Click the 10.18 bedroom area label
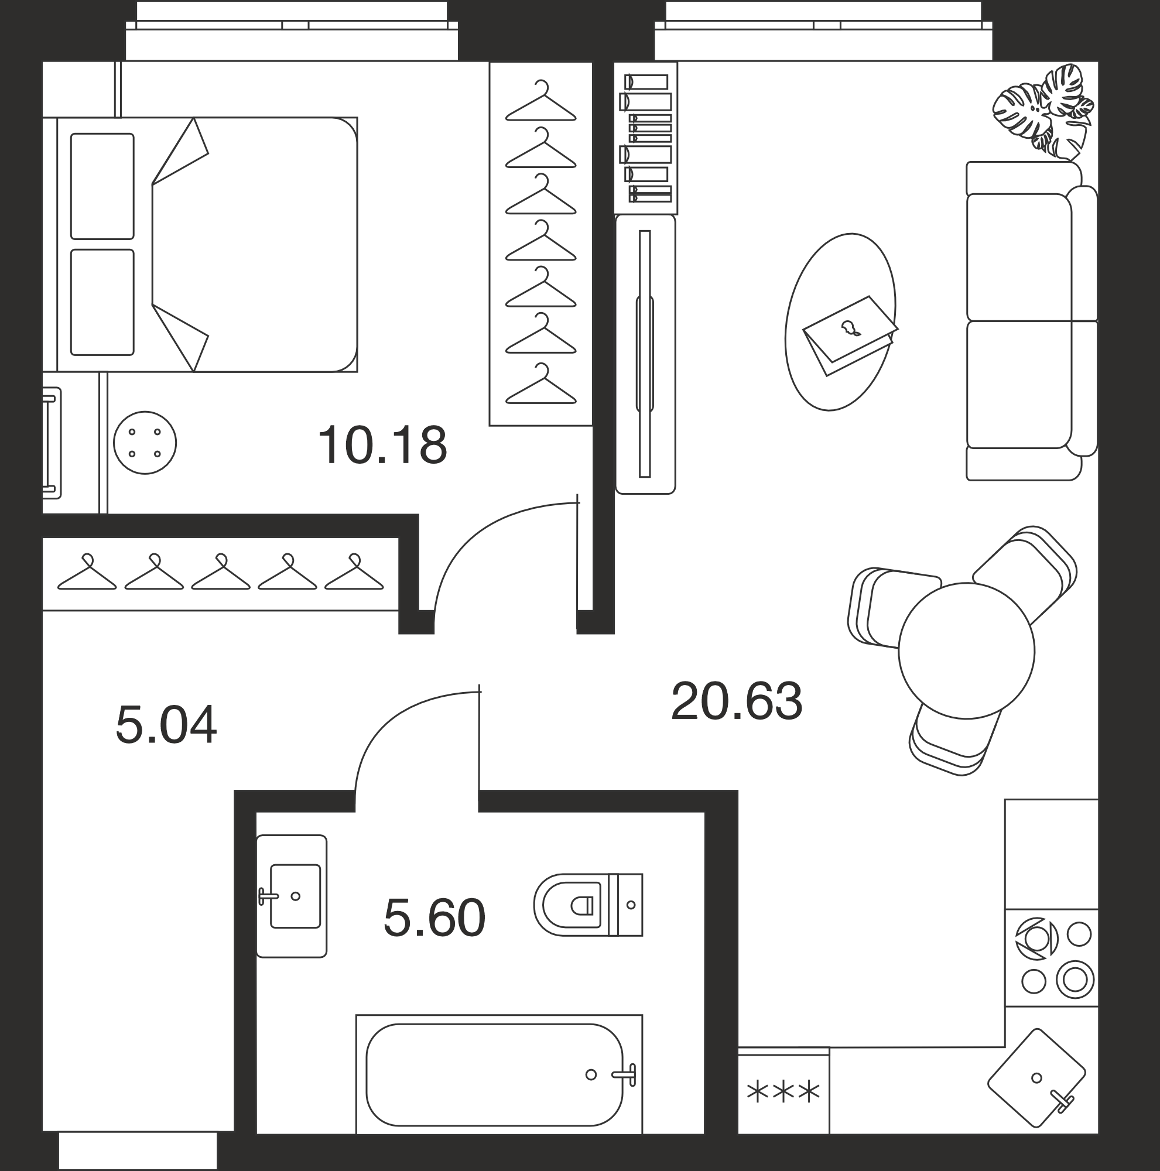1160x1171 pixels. click(x=382, y=446)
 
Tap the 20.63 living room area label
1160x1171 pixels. click(x=737, y=701)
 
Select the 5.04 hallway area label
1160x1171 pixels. click(x=166, y=725)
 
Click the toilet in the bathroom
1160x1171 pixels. click(x=588, y=905)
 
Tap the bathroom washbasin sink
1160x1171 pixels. click(x=292, y=896)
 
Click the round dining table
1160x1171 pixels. click(x=966, y=651)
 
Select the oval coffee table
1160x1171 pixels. click(x=840, y=322)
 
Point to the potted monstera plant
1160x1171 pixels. click(x=1043, y=112)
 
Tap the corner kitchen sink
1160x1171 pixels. click(x=1037, y=1078)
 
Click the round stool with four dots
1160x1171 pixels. click(x=145, y=443)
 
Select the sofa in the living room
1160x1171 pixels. click(x=1032, y=321)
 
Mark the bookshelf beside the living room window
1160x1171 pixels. click(x=645, y=138)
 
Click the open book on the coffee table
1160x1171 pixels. click(x=850, y=334)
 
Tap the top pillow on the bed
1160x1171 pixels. click(x=102, y=186)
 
